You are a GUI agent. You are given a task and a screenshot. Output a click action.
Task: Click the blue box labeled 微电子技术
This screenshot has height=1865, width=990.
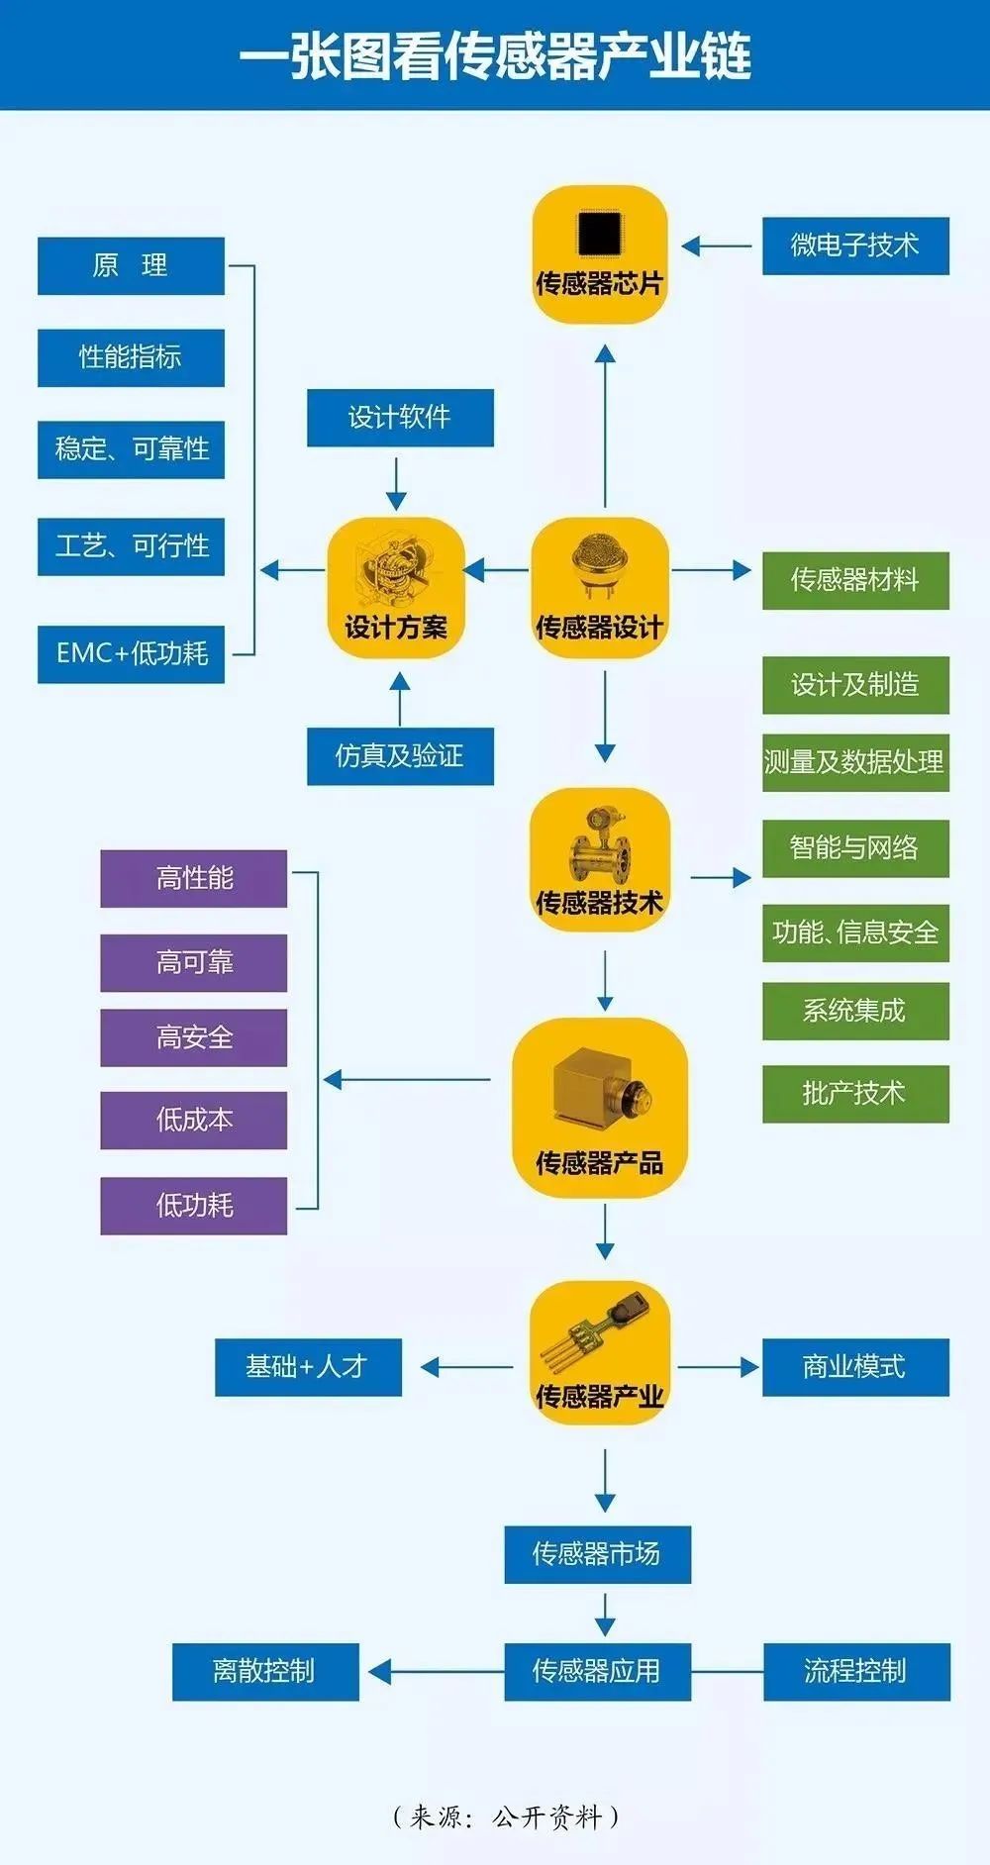pos(855,245)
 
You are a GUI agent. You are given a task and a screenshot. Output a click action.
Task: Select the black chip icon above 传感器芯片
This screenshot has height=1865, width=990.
pos(599,235)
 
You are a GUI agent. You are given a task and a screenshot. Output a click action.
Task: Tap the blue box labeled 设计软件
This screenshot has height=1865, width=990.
pos(400,418)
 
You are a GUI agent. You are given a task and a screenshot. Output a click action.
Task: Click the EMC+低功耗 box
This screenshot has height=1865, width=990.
pos(131,653)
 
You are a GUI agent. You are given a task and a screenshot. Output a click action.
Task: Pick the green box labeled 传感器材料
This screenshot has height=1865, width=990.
pos(855,580)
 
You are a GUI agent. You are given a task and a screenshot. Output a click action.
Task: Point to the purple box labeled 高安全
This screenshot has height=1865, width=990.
pos(194,1037)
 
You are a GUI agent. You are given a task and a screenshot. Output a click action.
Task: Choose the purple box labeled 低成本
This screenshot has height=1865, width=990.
pos(194,1120)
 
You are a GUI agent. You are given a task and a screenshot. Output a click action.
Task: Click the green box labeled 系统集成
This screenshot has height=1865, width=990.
pos(855,1011)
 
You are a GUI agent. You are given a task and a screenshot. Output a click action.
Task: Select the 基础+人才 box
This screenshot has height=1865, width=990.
pos(308,1367)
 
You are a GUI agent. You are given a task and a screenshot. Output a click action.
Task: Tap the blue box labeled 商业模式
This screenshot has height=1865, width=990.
pos(855,1367)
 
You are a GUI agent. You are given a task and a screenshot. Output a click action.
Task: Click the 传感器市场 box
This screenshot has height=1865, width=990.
pos(597,1554)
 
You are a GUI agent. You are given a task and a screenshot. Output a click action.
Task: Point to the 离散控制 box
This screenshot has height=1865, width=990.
pos(265,1672)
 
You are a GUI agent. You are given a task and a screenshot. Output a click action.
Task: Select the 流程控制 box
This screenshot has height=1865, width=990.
pos(856,1672)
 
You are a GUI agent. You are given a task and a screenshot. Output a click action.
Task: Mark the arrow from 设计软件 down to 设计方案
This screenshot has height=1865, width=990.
pos(396,483)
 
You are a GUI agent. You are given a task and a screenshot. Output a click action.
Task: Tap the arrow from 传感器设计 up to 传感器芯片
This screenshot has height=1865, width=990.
pos(605,426)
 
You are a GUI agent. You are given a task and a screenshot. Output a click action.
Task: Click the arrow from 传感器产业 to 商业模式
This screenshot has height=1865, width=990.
pos(718,1367)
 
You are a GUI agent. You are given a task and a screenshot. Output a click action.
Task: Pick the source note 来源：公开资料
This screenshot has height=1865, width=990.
pos(506,1816)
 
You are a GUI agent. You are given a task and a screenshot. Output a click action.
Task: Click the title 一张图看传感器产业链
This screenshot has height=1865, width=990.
pos(495,55)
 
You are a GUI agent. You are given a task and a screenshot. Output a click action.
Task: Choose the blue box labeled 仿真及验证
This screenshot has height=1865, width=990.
pos(400,756)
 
